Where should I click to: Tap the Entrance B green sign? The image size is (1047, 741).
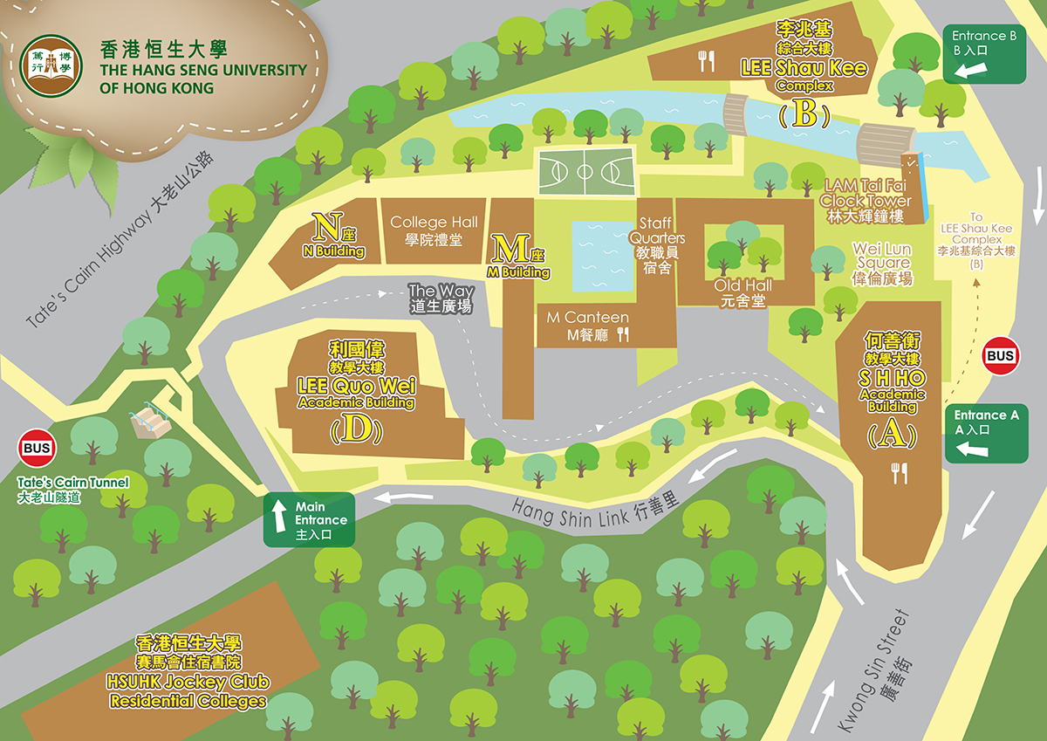[x=984, y=53]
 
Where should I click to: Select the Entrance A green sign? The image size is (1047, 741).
[x=986, y=433]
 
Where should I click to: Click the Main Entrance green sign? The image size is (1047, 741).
[x=310, y=519]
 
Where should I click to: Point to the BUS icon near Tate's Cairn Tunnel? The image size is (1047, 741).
[x=36, y=449]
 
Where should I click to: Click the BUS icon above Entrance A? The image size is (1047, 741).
[x=1000, y=355]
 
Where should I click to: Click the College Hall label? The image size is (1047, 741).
[x=434, y=230]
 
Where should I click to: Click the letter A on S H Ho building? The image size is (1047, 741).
[x=891, y=434]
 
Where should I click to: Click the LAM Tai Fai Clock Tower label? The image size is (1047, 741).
[x=860, y=200]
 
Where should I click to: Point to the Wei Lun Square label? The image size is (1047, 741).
[x=882, y=264]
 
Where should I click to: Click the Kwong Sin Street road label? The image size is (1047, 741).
[x=874, y=672]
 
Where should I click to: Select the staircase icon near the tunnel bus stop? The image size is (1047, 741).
[x=150, y=422]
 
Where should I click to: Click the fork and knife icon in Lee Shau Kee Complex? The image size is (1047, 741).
[x=706, y=60]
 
